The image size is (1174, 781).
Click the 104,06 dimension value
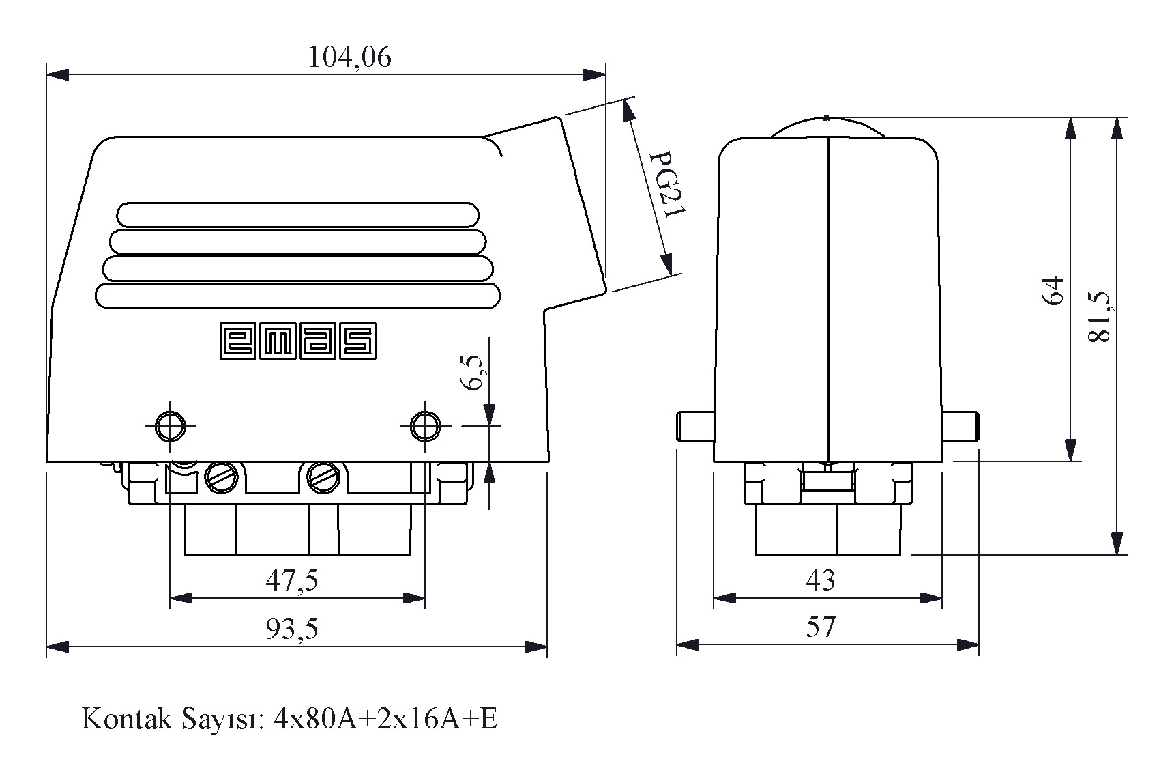coord(350,57)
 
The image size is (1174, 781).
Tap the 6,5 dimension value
coord(473,372)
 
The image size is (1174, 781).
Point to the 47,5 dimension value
coord(292,580)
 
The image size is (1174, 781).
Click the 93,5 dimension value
coord(292,628)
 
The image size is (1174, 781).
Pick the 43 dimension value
coord(820,580)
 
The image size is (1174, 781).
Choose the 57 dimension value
coord(821,626)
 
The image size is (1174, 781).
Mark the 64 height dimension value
coord(1053,290)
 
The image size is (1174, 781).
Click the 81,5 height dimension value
coord(1100,316)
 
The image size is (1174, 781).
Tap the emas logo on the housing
coord(298,341)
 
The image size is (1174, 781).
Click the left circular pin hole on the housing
coord(170,426)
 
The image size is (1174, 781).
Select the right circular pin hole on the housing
coord(425,426)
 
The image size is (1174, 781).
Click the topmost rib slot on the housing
coord(298,214)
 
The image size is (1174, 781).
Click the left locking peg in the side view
coord(694,427)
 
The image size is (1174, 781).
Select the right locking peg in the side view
coord(961,427)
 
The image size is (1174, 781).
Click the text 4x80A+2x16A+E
coord(385,720)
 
